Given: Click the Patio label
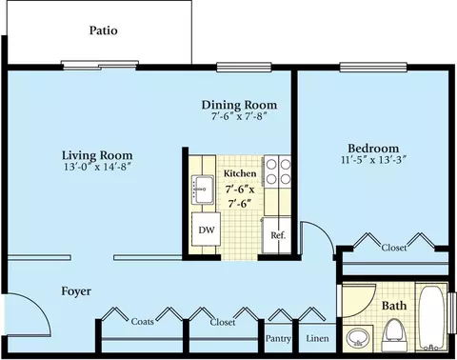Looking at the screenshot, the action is pyautogui.click(x=104, y=30).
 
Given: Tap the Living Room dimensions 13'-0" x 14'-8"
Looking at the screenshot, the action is pyautogui.click(x=97, y=167).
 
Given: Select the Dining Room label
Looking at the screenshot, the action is pyautogui.click(x=239, y=105).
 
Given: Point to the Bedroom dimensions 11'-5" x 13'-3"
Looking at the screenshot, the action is pyautogui.click(x=374, y=159).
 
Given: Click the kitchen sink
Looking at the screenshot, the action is pyautogui.click(x=203, y=190).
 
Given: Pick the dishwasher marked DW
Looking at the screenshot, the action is pyautogui.click(x=207, y=230).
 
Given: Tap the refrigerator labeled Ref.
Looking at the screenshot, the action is pyautogui.click(x=277, y=235).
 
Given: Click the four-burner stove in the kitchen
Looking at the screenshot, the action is pyautogui.click(x=278, y=171).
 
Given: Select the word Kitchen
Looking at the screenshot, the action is pyautogui.click(x=240, y=173).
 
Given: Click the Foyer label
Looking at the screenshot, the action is pyautogui.click(x=76, y=291).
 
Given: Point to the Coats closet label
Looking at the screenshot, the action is pyautogui.click(x=143, y=321).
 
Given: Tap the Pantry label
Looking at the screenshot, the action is pyautogui.click(x=278, y=339).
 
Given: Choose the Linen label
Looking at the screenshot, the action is pyautogui.click(x=317, y=338).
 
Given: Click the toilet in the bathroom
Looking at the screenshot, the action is pyautogui.click(x=394, y=334).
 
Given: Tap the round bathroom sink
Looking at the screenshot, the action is pyautogui.click(x=358, y=337).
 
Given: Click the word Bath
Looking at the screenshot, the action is pyautogui.click(x=394, y=306).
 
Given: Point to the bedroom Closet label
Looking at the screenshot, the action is pyautogui.click(x=394, y=248).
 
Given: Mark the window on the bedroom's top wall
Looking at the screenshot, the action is pyautogui.click(x=373, y=67).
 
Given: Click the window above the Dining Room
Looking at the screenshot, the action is pyautogui.click(x=244, y=67).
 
